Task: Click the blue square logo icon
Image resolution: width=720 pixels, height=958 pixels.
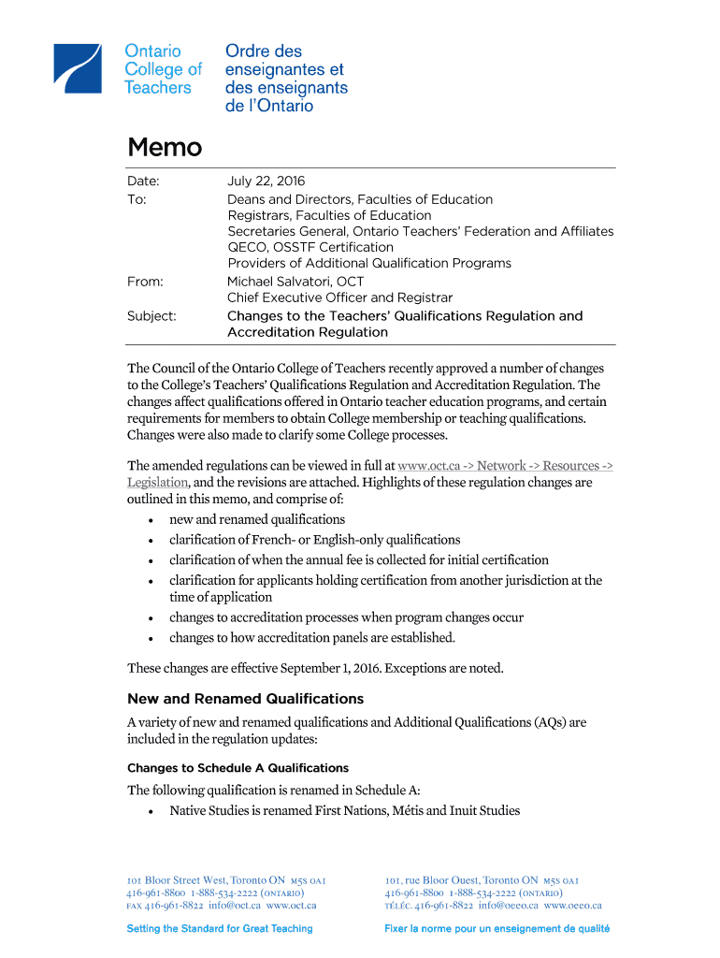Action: [78, 68]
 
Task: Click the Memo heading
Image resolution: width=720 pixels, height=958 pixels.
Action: [165, 148]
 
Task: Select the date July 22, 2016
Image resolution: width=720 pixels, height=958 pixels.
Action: [266, 181]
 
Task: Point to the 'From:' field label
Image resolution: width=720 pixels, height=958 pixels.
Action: [145, 282]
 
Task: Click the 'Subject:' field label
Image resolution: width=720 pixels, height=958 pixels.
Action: [151, 316]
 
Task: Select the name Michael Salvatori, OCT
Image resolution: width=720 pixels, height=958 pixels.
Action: [295, 282]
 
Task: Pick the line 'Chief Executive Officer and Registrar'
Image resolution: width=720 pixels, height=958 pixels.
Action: [339, 298]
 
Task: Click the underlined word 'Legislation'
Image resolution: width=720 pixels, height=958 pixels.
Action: [158, 482]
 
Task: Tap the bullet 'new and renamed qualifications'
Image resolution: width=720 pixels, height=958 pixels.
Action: [257, 519]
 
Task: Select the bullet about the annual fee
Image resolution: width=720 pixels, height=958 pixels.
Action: [358, 559]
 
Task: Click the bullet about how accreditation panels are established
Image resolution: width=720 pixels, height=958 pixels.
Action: [311, 638]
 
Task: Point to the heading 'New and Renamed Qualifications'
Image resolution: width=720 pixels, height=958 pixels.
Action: [245, 699]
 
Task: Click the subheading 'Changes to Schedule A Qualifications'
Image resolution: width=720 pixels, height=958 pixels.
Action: [238, 768]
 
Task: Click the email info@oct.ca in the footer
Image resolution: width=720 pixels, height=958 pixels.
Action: [235, 906]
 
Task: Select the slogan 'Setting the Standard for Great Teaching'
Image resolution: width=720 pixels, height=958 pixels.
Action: [220, 929]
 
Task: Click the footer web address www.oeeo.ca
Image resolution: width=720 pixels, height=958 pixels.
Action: [572, 906]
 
